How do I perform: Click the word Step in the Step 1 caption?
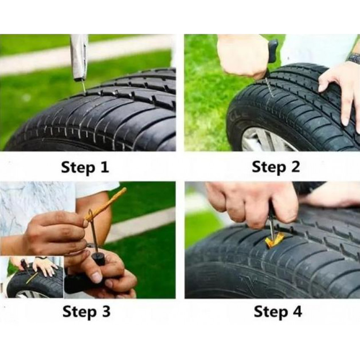[x=78, y=168]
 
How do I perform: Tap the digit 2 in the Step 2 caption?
[x=295, y=167]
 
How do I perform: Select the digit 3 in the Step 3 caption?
[x=105, y=311]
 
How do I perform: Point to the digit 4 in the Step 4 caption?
[x=297, y=311]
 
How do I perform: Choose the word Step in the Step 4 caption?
[x=271, y=312]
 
